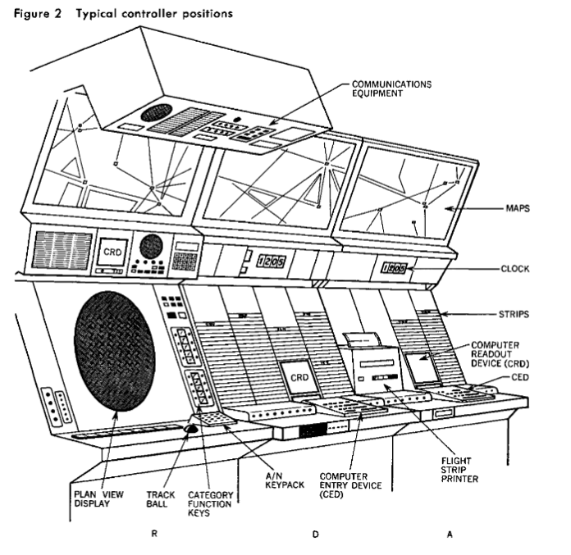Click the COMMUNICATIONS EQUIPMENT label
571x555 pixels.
point(391,89)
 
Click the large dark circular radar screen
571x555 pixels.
point(115,346)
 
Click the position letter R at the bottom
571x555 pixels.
point(153,534)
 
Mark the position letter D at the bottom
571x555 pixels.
point(314,534)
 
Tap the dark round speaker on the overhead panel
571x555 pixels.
point(155,114)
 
